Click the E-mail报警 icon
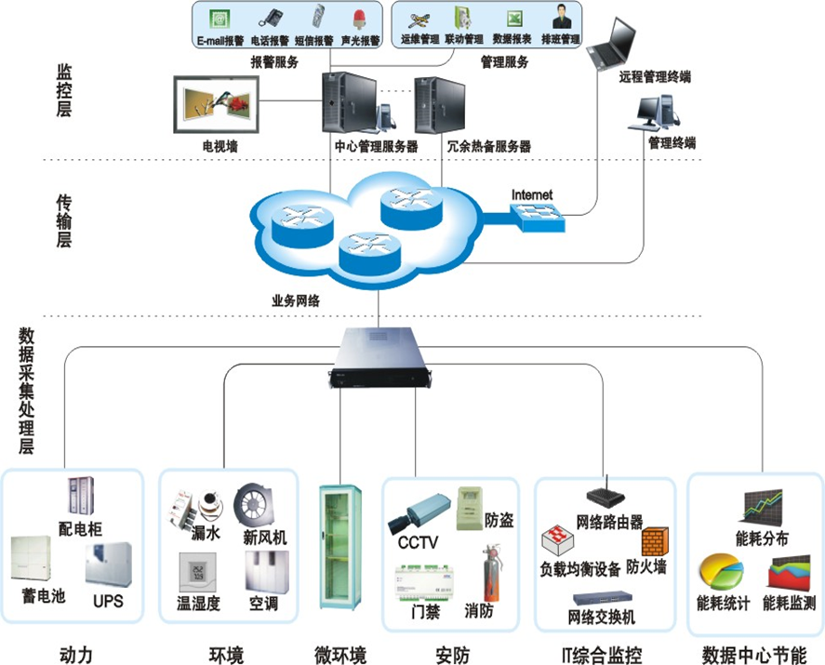(220, 19)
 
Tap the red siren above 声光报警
(358, 19)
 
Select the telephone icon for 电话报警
(271, 19)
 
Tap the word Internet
(531, 195)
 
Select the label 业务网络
(296, 300)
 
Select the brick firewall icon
(654, 542)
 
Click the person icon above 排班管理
(561, 18)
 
